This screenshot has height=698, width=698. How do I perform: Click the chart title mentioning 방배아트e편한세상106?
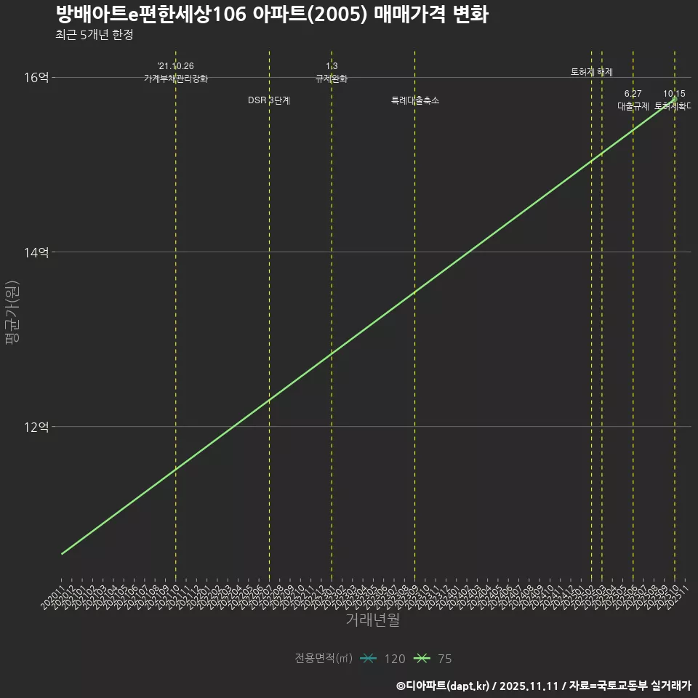tap(271, 15)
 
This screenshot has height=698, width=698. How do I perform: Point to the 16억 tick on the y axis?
tap(38, 78)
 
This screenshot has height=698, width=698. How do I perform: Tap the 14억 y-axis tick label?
tap(38, 252)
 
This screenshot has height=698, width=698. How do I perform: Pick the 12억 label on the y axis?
tap(38, 427)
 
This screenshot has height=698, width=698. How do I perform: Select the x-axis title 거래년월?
tap(372, 620)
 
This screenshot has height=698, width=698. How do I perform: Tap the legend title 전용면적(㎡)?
tap(324, 659)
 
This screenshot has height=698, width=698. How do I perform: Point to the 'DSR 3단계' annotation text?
tap(269, 100)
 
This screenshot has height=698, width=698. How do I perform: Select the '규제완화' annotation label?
tap(332, 79)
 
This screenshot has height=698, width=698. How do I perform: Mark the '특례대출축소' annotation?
tap(415, 100)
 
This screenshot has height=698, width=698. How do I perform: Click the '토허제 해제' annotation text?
tap(592, 72)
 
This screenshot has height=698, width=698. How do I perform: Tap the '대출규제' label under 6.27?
tap(633, 106)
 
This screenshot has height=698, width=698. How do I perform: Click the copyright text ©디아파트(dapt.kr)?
tap(445, 685)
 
